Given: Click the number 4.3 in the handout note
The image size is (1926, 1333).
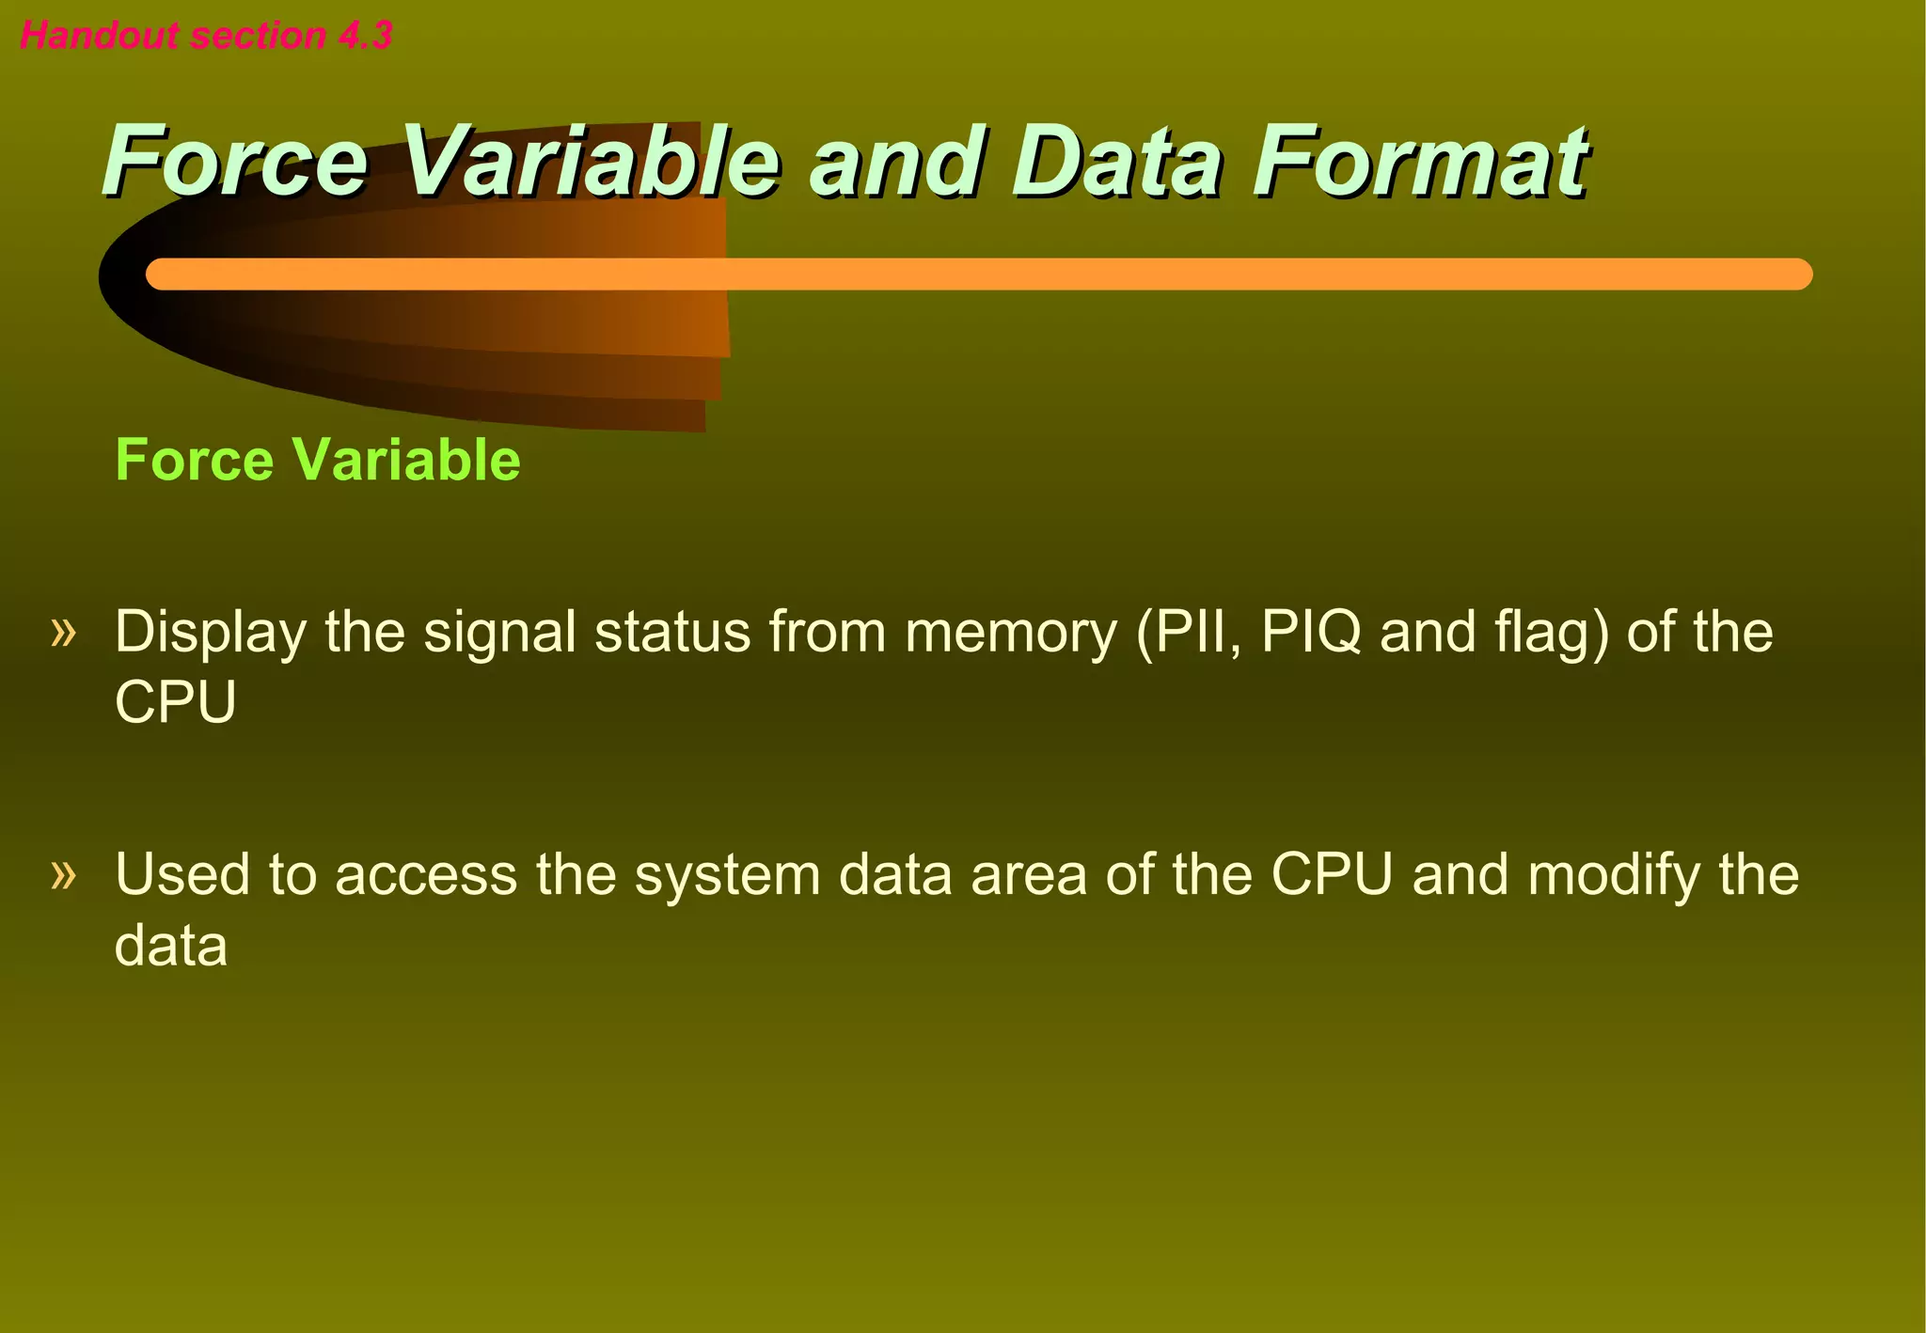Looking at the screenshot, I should (365, 36).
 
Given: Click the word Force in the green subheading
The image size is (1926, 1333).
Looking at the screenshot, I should (194, 460).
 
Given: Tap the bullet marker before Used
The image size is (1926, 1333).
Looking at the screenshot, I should (63, 874).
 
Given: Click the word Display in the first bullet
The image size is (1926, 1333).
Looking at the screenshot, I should (210, 633).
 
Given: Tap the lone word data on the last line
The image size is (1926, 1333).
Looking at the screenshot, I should (170, 946).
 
